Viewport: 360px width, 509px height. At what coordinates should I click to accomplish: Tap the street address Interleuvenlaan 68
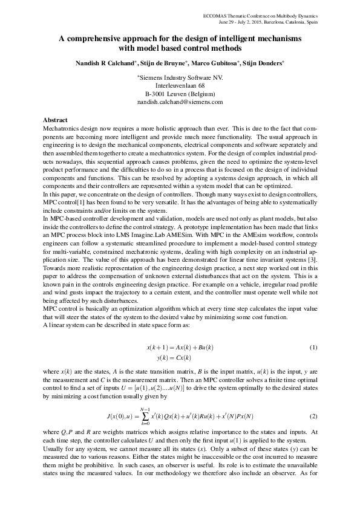pyautogui.click(x=180, y=86)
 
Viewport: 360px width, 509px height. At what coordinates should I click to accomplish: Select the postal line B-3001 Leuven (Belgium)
pyautogui.click(x=180, y=94)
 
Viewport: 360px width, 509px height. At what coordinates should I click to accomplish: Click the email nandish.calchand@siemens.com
pyautogui.click(x=180, y=103)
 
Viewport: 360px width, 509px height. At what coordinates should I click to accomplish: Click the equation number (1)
pyautogui.click(x=313, y=348)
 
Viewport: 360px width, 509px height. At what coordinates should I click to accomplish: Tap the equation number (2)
pyautogui.click(x=313, y=417)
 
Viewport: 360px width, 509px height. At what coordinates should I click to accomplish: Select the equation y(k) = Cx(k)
pyautogui.click(x=180, y=357)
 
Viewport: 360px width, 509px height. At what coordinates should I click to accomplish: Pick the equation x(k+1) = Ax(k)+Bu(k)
pyautogui.click(x=180, y=348)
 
